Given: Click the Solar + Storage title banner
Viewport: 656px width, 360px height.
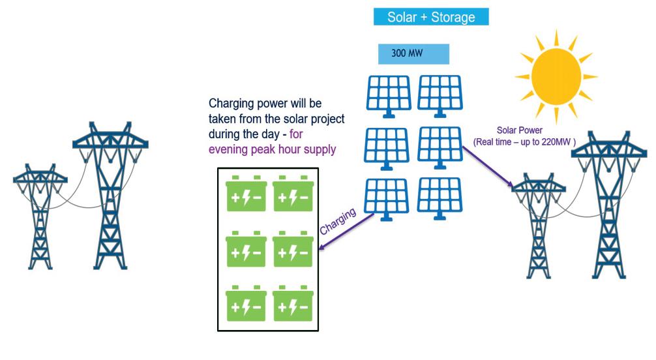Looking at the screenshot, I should pos(431,17).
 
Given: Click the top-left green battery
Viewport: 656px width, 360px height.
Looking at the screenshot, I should pos(243,194).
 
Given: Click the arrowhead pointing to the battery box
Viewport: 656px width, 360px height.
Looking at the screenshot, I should pos(321,247).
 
